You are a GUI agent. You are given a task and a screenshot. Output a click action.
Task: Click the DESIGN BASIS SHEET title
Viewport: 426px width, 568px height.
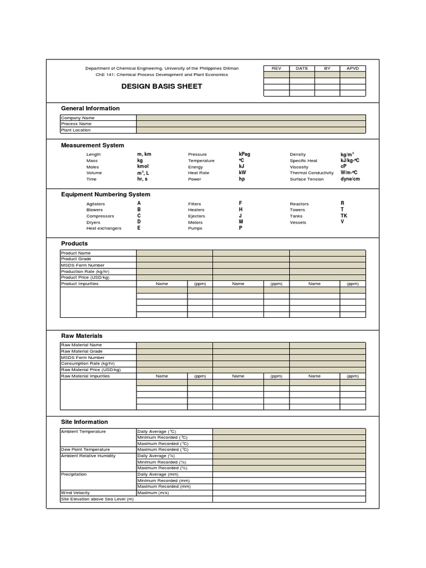click(161, 87)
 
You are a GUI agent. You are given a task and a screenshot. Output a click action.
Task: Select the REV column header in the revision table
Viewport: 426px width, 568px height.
click(276, 68)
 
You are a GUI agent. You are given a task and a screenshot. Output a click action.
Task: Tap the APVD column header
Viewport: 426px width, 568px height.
click(352, 68)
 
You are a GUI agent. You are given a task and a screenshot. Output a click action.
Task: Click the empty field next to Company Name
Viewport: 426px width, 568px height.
click(251, 118)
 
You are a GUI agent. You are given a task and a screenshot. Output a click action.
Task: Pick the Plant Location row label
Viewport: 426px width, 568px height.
click(76, 130)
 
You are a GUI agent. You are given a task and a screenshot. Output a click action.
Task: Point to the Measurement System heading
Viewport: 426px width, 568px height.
click(93, 145)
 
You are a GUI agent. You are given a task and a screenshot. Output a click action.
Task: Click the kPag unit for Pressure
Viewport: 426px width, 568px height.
click(244, 154)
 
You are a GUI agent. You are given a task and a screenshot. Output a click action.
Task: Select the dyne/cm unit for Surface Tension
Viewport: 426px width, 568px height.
click(350, 179)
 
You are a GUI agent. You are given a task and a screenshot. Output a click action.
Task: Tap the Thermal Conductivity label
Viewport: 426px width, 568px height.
click(312, 173)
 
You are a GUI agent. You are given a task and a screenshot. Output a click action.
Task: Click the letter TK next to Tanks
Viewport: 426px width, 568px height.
click(344, 216)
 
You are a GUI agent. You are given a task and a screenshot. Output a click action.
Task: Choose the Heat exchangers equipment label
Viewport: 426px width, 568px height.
click(104, 228)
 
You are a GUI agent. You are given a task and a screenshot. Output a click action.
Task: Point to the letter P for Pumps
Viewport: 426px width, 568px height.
click(240, 228)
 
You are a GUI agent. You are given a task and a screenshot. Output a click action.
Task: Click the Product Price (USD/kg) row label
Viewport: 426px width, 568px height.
click(85, 277)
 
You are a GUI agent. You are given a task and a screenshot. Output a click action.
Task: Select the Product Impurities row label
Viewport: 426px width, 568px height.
click(80, 283)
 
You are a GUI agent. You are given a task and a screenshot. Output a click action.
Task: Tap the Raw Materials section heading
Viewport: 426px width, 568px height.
click(82, 336)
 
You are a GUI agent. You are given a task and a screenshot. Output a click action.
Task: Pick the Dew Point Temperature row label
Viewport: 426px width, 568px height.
click(85, 449)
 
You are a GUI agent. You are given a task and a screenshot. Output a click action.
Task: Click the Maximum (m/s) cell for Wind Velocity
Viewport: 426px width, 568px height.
click(153, 493)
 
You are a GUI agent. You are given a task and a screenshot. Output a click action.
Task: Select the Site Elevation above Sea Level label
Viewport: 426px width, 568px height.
click(98, 499)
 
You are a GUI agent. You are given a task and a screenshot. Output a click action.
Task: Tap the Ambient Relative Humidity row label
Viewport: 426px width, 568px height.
click(88, 455)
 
